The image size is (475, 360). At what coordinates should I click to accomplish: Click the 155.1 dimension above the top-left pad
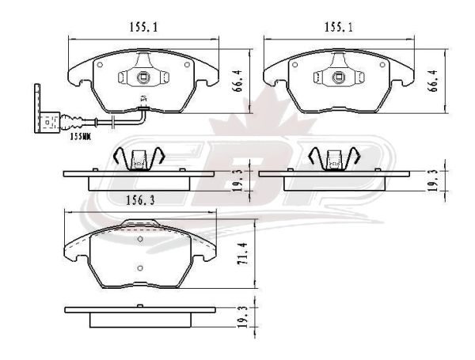pyautogui.click(x=144, y=28)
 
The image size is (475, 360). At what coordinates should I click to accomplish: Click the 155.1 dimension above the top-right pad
pyautogui.click(x=339, y=28)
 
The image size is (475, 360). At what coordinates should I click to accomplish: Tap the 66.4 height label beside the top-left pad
pyautogui.click(x=238, y=81)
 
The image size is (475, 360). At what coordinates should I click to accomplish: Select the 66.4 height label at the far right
pyautogui.click(x=433, y=81)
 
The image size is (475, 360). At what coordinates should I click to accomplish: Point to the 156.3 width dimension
pyautogui.click(x=140, y=200)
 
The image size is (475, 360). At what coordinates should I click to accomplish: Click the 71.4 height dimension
pyautogui.click(x=242, y=254)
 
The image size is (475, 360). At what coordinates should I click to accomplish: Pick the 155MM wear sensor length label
pyautogui.click(x=80, y=137)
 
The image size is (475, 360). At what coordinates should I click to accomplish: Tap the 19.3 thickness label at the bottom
pyautogui.click(x=243, y=317)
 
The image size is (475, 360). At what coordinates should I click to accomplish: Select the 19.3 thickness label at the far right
pyautogui.click(x=433, y=181)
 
